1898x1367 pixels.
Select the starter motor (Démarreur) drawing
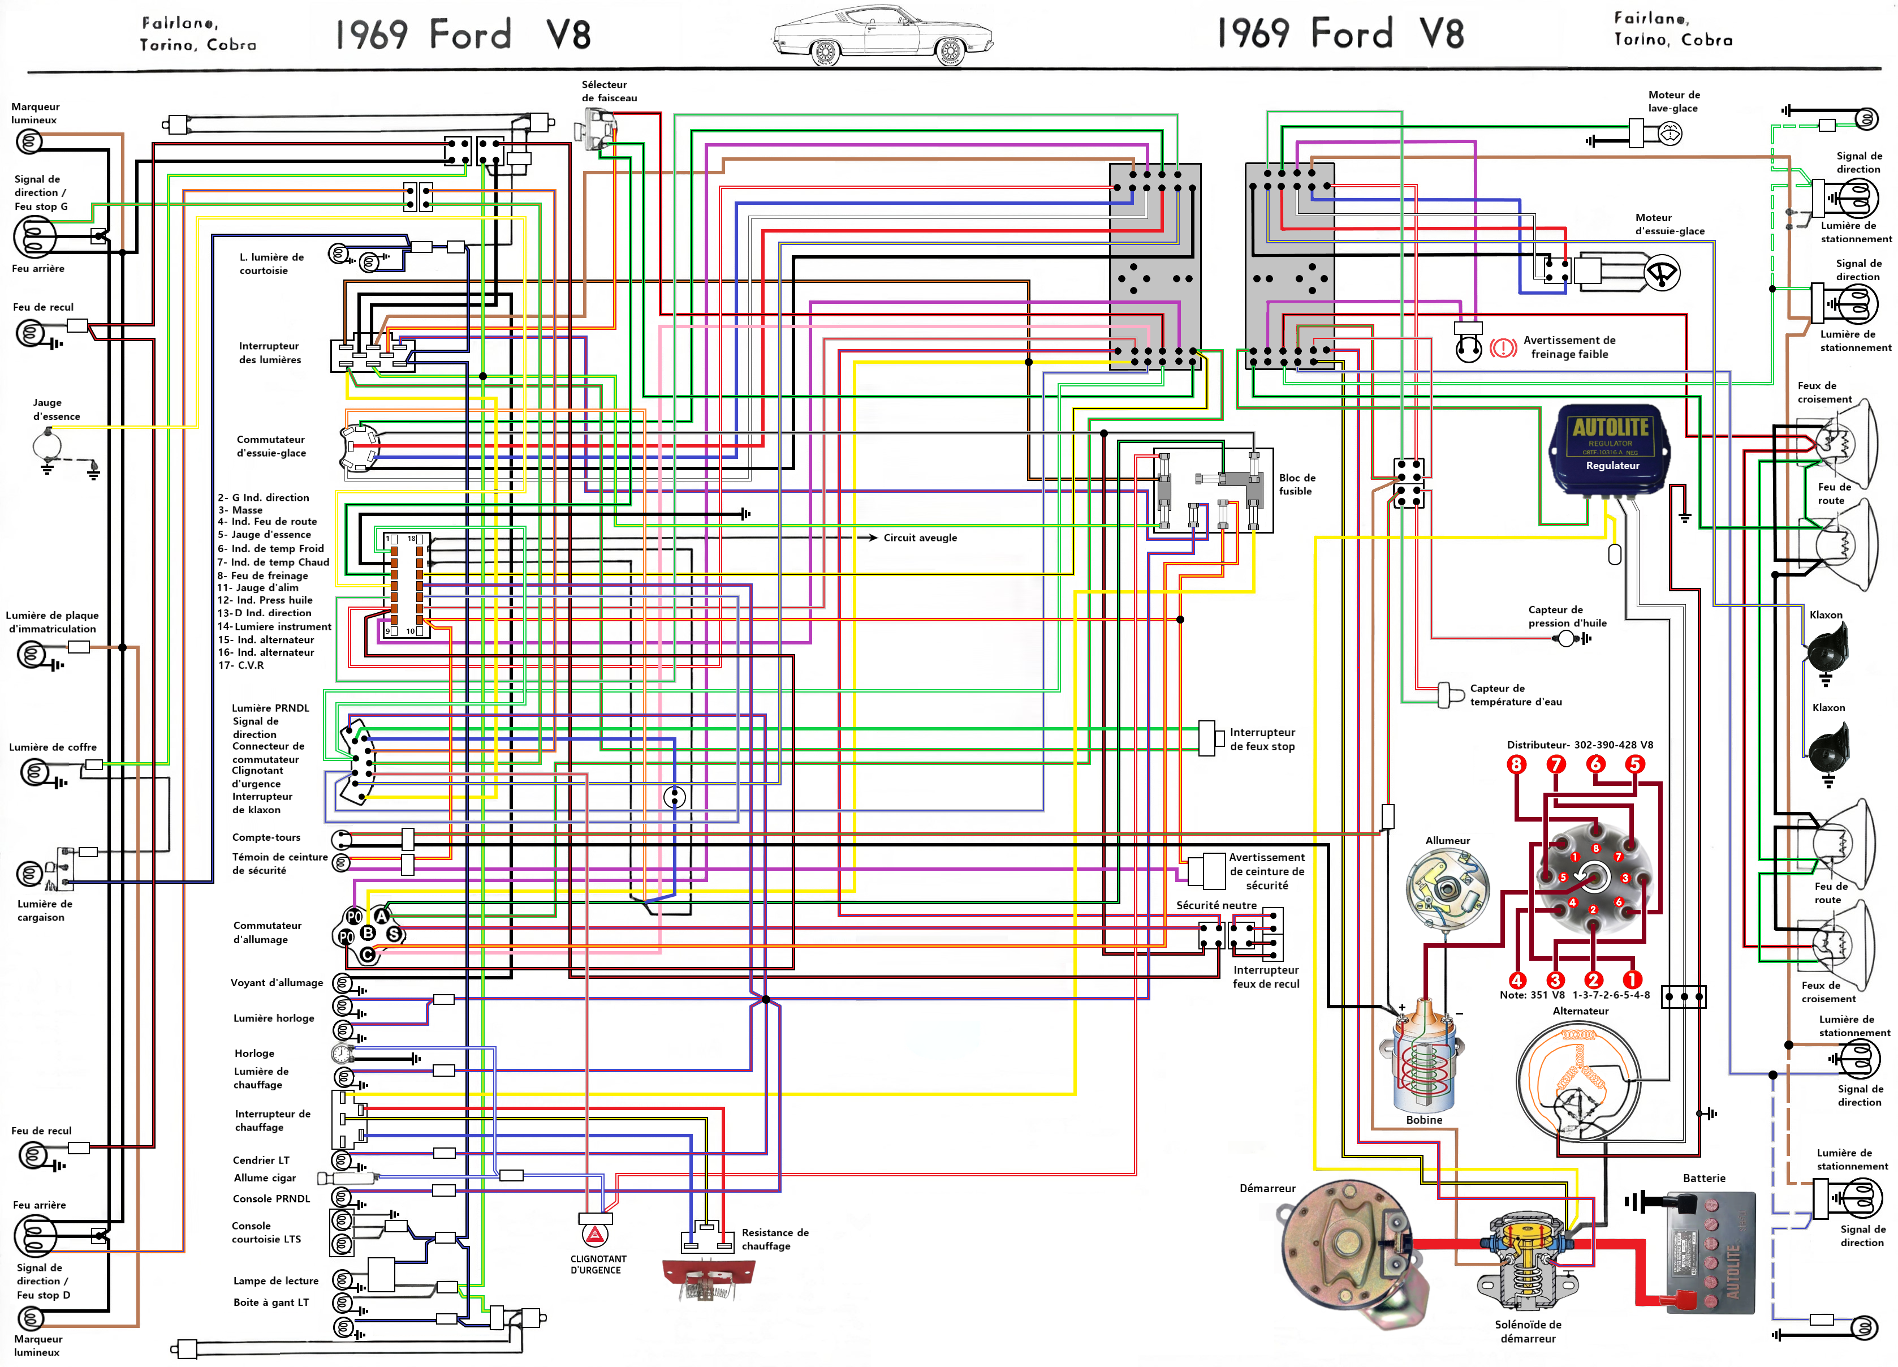1347,1247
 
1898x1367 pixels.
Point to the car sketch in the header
883,35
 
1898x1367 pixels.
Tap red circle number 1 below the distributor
1632,979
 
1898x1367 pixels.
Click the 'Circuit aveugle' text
920,538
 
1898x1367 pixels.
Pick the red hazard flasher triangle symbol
594,1235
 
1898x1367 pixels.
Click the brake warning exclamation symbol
1503,347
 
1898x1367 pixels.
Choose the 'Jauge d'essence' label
56,409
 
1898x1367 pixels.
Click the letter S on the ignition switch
393,934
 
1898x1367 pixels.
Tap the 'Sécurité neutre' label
1216,905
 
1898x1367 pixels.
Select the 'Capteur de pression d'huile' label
1567,616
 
